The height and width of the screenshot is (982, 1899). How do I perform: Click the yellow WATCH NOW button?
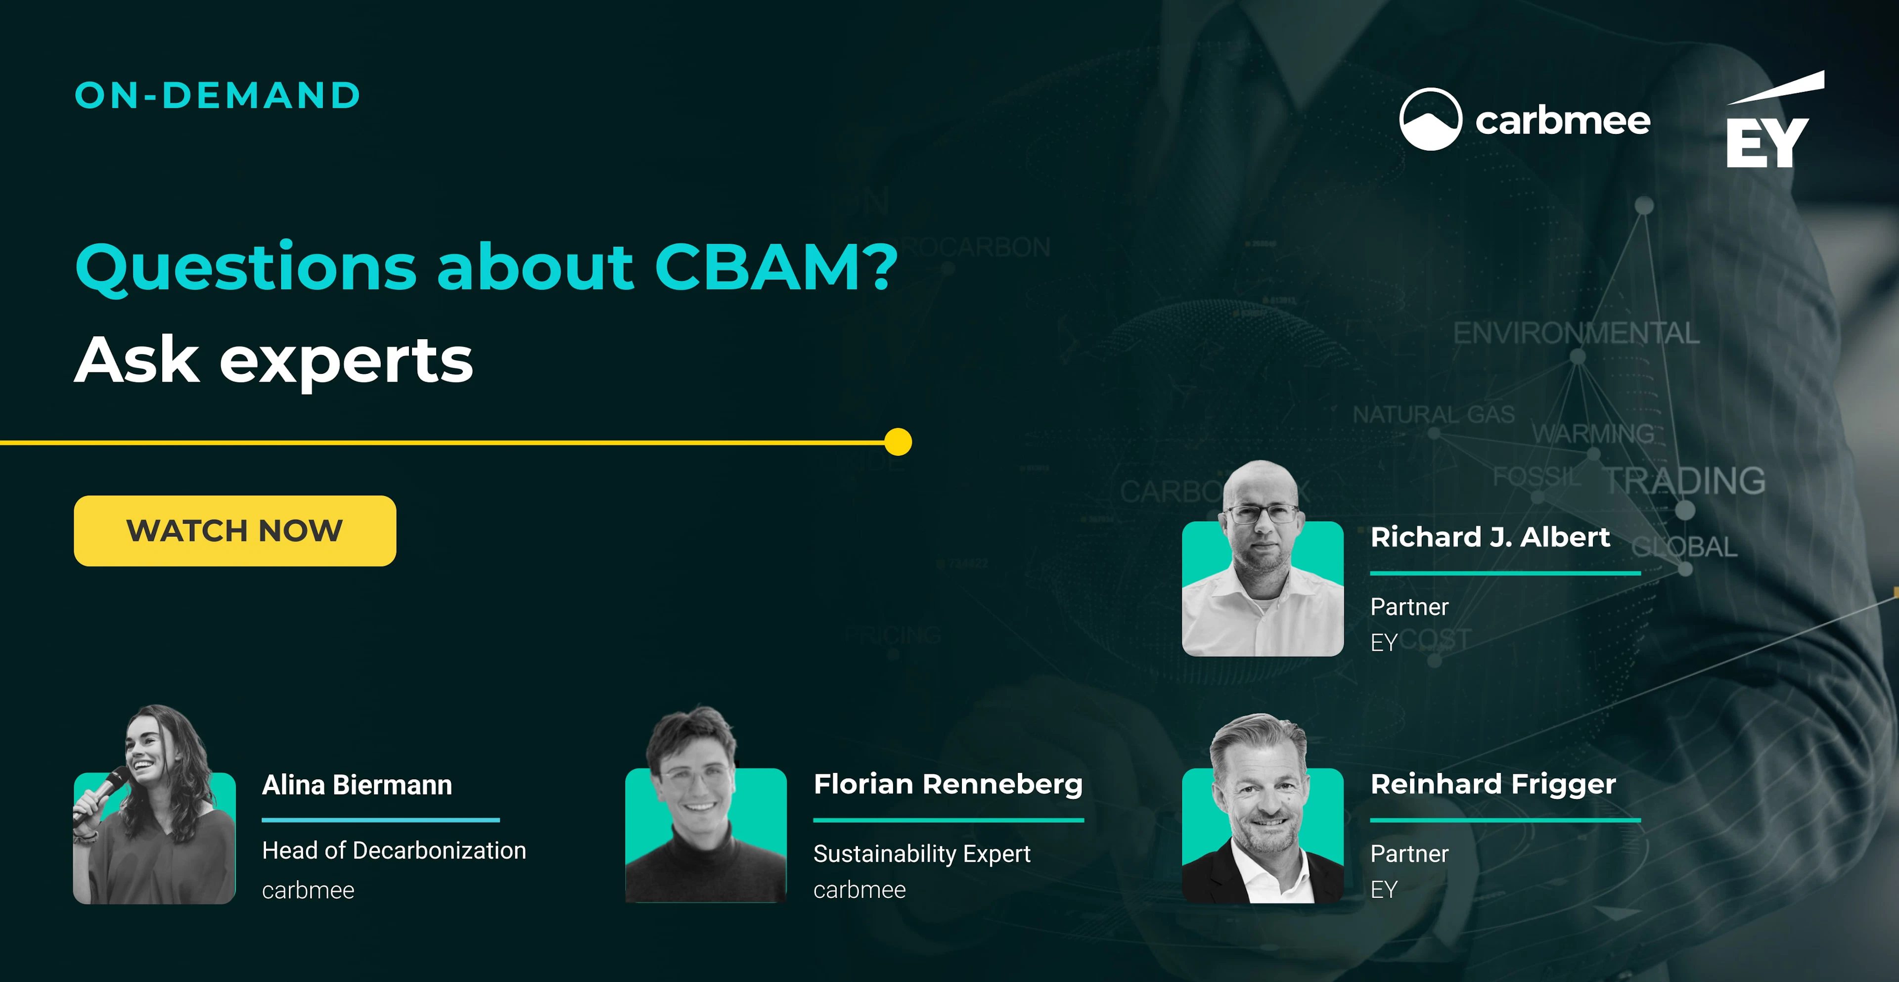click(x=234, y=531)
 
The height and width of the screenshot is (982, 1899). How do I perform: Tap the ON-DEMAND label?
click(x=218, y=96)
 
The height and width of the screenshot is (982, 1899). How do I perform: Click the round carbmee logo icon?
click(x=1430, y=120)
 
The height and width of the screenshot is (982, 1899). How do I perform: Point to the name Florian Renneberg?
click(x=948, y=784)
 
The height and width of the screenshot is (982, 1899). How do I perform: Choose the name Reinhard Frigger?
click(x=1493, y=784)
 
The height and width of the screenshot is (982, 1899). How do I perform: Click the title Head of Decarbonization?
click(x=394, y=851)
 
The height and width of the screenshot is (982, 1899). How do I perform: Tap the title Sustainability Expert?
click(x=921, y=854)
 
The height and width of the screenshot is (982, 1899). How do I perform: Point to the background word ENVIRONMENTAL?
click(x=1576, y=333)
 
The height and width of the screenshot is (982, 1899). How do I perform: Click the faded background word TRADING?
click(x=1685, y=481)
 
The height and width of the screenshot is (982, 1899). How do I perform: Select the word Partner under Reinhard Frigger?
click(x=1409, y=854)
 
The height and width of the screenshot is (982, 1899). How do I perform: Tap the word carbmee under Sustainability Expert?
click(x=859, y=891)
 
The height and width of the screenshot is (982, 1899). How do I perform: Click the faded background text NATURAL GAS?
click(x=1433, y=414)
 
